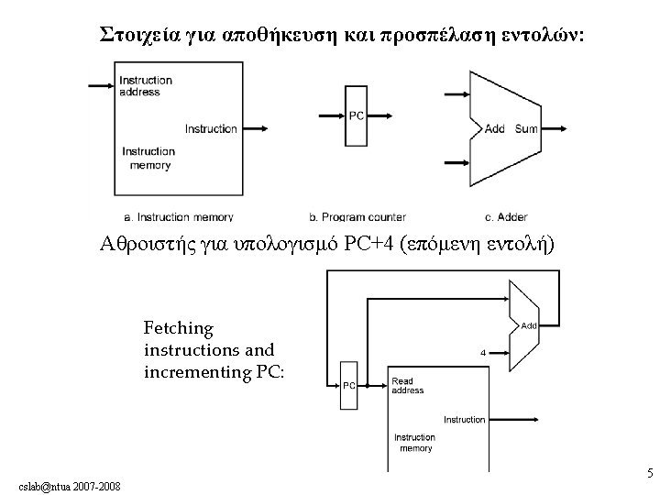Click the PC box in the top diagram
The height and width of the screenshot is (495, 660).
(356, 115)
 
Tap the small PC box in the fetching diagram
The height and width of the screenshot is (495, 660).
(349, 385)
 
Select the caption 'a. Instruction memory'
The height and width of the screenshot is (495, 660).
(178, 217)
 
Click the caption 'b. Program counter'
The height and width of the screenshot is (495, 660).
(357, 217)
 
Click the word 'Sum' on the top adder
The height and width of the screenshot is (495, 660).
(526, 128)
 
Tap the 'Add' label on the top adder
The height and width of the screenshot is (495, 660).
(494, 128)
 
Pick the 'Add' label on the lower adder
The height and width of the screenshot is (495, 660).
(529, 325)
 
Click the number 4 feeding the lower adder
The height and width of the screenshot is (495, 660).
(483, 351)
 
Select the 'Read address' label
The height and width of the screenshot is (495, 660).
(408, 386)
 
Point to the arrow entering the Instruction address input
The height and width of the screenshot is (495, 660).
(100, 86)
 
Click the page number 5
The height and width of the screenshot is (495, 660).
(649, 474)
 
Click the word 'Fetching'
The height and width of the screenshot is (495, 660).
(178, 328)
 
